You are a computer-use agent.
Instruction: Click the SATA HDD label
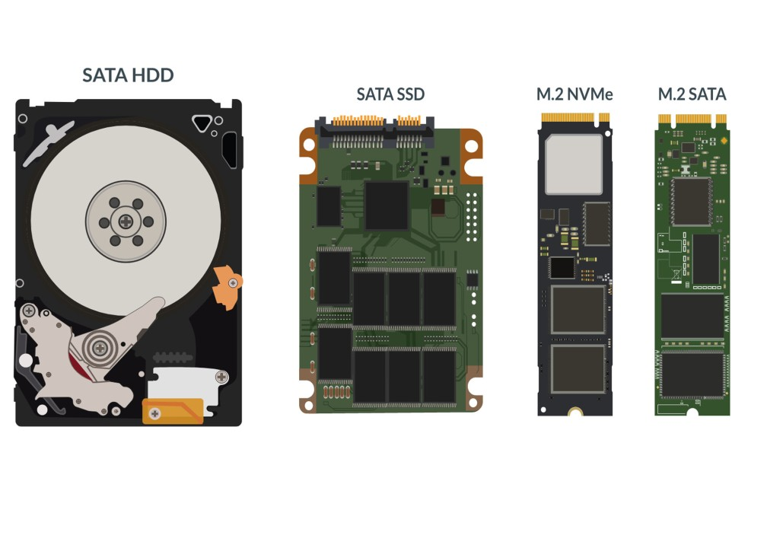[x=128, y=75]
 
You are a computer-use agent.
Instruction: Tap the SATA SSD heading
[x=390, y=94]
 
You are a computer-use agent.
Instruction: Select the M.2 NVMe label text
[x=574, y=94]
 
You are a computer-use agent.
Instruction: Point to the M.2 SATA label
[x=692, y=94]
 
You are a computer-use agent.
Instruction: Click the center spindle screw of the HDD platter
[x=126, y=221]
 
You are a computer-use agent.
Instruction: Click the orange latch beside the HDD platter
[x=228, y=287]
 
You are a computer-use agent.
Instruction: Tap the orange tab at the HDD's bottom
[x=173, y=411]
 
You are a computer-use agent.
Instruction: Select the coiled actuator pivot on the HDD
[x=100, y=348]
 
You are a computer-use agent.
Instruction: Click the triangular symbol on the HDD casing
[x=202, y=123]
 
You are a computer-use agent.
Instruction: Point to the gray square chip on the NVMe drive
[x=574, y=164]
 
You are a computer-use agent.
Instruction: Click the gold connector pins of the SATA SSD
[x=376, y=120]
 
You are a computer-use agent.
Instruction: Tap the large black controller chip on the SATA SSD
[x=387, y=205]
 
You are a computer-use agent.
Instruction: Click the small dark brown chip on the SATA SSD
[x=438, y=207]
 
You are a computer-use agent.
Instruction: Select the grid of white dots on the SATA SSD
[x=472, y=217]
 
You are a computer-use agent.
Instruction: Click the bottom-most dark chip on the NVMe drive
[x=578, y=369]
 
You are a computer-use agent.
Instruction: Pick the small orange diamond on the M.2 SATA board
[x=724, y=141]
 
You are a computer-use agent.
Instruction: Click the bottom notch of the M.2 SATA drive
[x=692, y=413]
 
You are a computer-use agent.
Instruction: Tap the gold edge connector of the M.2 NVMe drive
[x=575, y=118]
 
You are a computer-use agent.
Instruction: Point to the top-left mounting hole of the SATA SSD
[x=309, y=145]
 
